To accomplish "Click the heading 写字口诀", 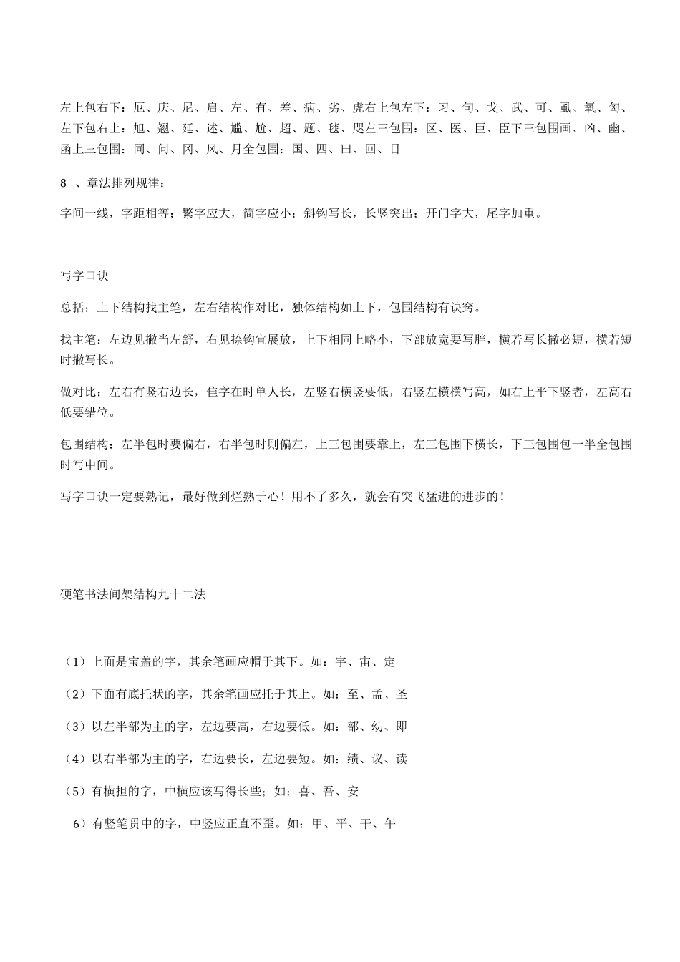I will click(x=84, y=276).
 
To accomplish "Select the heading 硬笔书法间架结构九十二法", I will click(x=133, y=594).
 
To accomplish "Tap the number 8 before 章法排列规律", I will click(x=64, y=184).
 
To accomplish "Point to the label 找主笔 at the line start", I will click(x=78, y=339).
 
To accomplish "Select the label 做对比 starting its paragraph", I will click(x=78, y=392).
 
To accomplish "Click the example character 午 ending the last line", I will click(x=389, y=824).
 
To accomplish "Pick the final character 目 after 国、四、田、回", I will click(x=394, y=149).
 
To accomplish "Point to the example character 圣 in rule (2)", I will click(x=402, y=694).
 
